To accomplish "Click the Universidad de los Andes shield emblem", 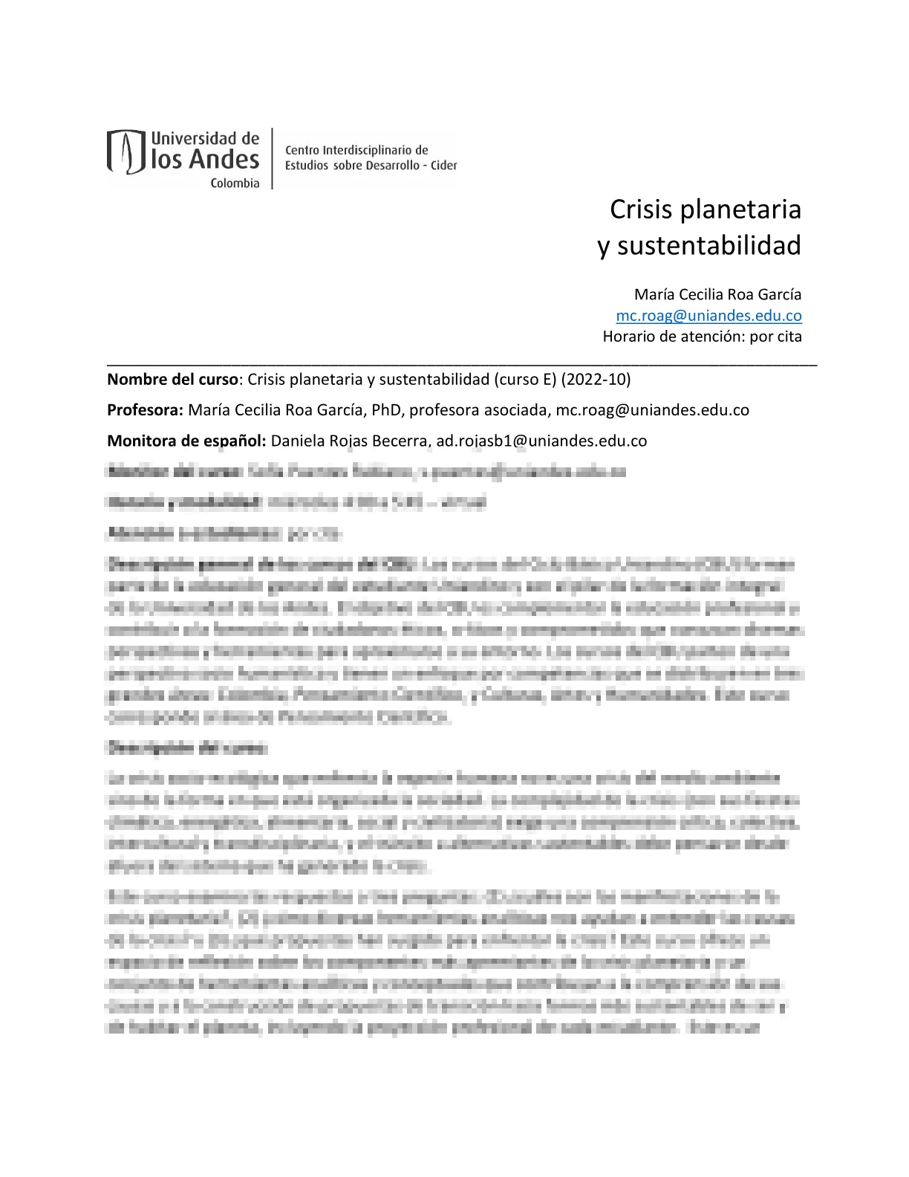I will tap(126, 152).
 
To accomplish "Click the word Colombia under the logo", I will tap(235, 184).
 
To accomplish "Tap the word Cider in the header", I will tap(443, 166).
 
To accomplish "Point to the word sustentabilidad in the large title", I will tap(708, 246).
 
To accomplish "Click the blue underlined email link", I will tap(708, 316).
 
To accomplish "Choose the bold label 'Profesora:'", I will tap(145, 410).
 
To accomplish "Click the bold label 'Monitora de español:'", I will tap(186, 441).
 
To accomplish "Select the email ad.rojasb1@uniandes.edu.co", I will tap(541, 441).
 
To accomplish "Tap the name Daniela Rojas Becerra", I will tap(349, 441).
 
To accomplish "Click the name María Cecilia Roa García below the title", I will tap(717, 295).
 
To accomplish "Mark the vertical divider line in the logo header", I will tap(272, 158).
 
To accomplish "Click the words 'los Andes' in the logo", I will tap(205, 160).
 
